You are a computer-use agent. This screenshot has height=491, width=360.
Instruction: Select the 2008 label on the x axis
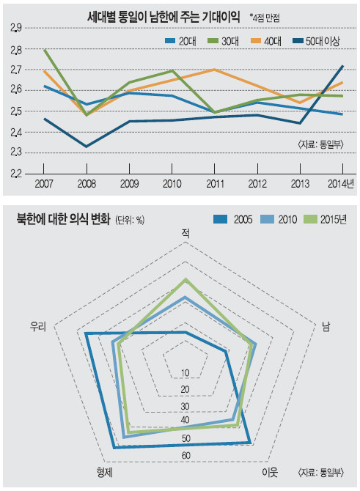(x=87, y=183)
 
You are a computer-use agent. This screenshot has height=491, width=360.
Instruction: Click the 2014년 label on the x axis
(x=341, y=183)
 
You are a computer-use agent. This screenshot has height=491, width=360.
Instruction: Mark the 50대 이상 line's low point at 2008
(x=87, y=147)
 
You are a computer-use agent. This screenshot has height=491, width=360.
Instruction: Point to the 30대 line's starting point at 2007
(x=44, y=50)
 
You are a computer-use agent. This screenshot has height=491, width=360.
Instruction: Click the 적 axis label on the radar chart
(x=185, y=233)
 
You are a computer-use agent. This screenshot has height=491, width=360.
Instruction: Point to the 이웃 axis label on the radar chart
(x=270, y=473)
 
